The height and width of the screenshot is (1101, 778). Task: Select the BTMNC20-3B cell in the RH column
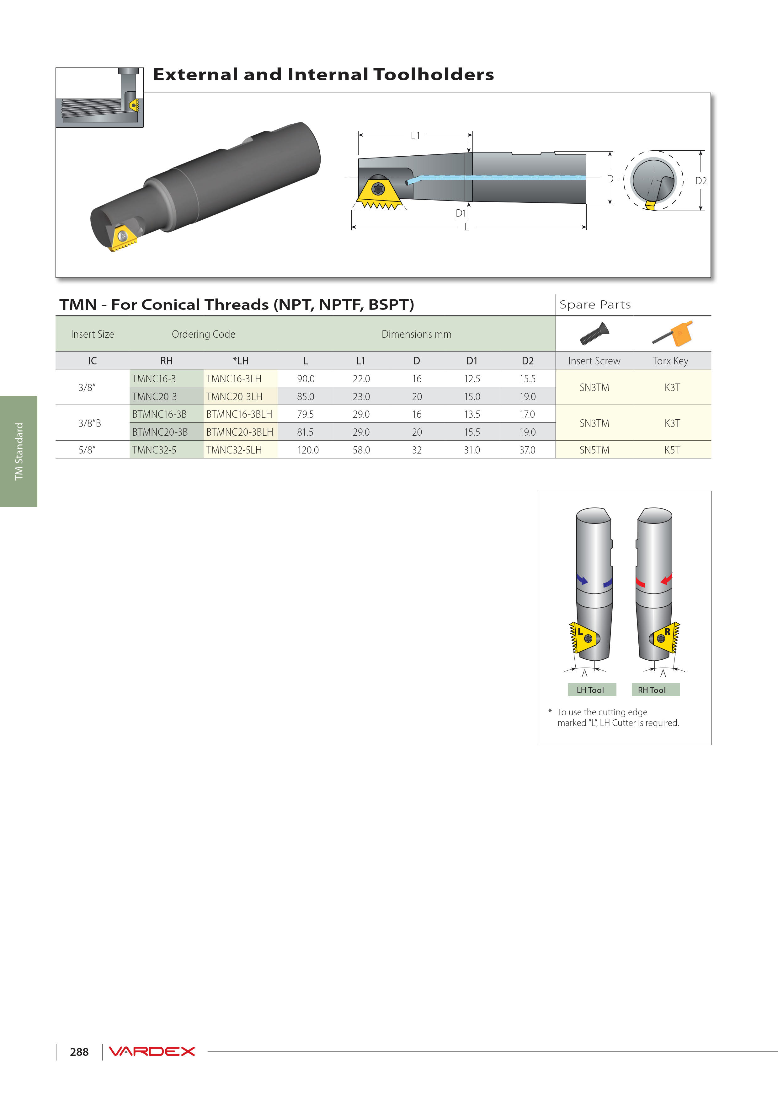[160, 432]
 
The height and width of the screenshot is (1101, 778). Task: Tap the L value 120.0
[308, 450]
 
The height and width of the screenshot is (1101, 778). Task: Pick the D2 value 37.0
[527, 450]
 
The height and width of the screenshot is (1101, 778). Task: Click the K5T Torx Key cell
[672, 450]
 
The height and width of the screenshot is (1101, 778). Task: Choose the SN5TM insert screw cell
[594, 450]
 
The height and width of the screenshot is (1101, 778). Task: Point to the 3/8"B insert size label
[90, 423]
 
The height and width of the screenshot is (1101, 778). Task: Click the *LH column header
[241, 361]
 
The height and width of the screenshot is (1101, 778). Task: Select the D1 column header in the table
[472, 361]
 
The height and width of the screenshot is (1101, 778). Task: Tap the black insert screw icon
[594, 334]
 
